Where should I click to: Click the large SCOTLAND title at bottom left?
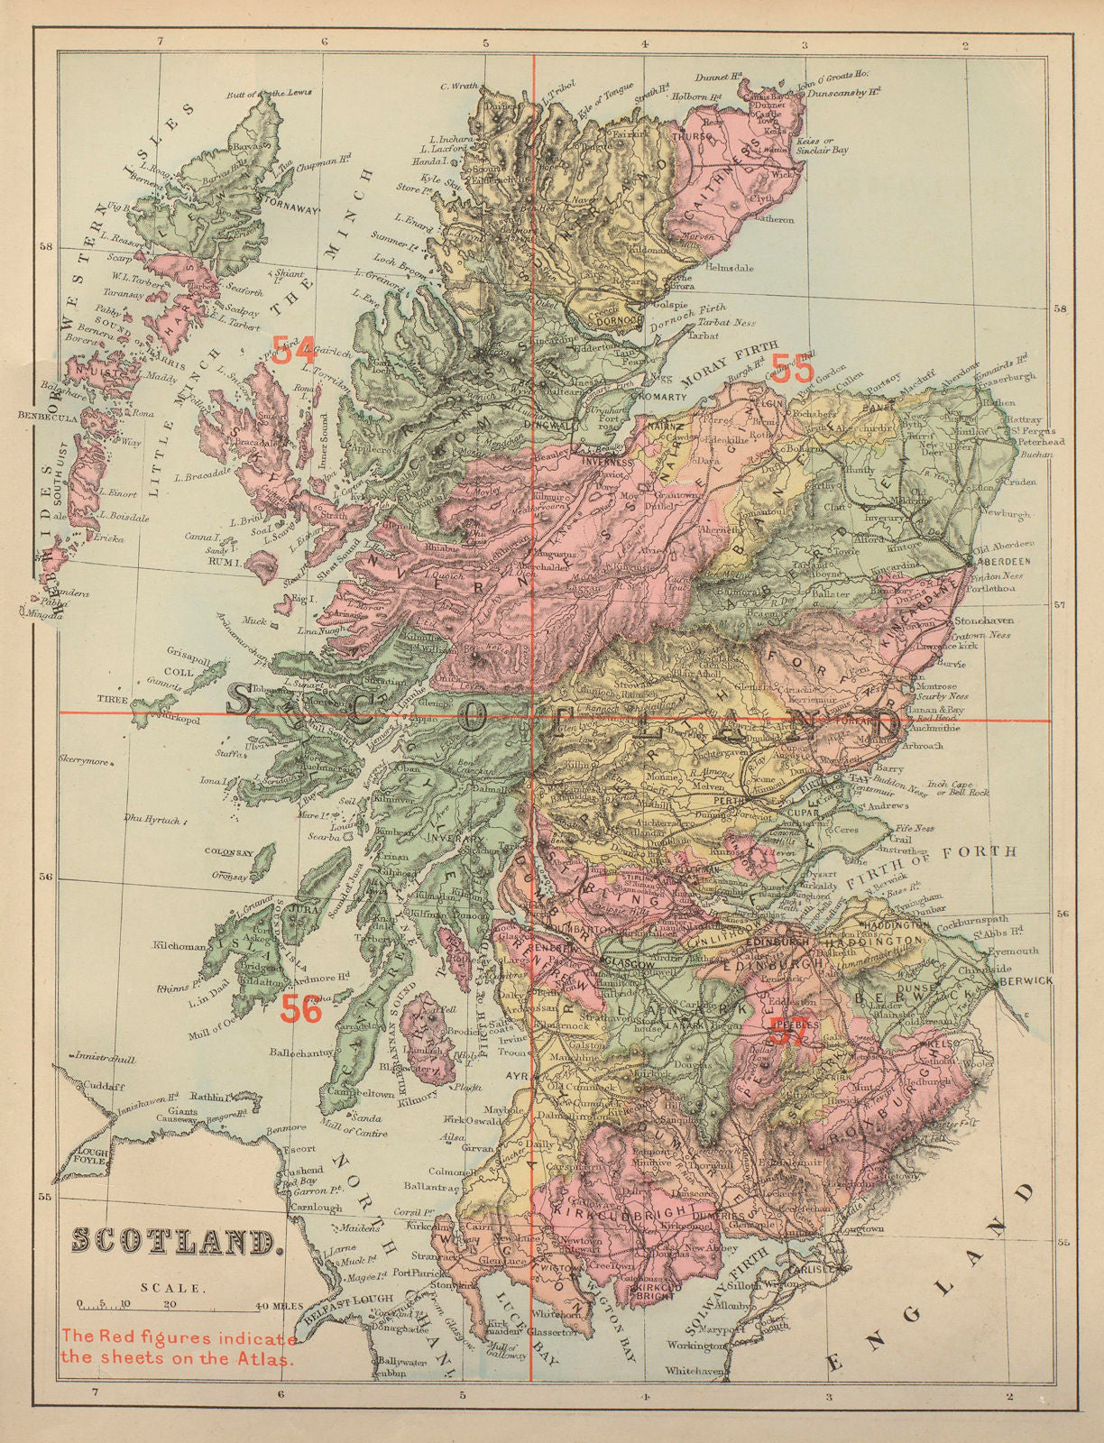tap(173, 1242)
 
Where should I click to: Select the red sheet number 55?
tap(792, 368)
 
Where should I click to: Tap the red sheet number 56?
tap(300, 1009)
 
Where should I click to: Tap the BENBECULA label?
tap(46, 417)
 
